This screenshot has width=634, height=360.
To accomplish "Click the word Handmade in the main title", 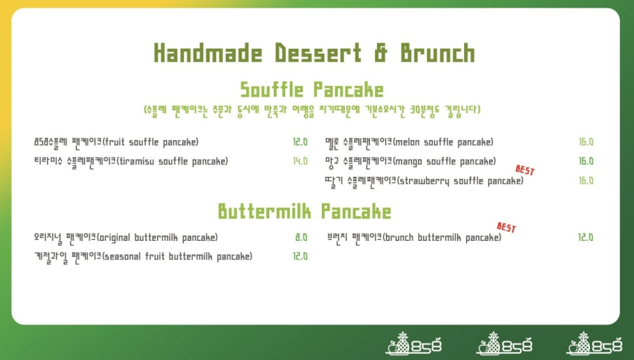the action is (208, 53).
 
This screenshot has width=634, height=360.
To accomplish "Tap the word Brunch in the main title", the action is (437, 53).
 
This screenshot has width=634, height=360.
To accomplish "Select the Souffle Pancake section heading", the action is (312, 89).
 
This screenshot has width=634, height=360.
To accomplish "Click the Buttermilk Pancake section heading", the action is (304, 211).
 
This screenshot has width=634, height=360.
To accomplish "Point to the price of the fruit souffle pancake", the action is (300, 142).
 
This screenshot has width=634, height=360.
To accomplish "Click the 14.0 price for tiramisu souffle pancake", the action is (300, 161).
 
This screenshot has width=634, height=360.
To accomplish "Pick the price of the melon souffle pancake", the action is (586, 142).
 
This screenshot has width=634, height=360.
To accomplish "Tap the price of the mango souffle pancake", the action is (586, 161).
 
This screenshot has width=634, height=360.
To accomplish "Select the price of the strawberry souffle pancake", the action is (586, 181).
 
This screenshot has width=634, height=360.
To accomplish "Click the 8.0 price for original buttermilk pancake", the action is (301, 237).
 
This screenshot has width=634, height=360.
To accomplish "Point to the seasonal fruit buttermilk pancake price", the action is (300, 256).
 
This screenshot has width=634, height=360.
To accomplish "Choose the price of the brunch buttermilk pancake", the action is (585, 237).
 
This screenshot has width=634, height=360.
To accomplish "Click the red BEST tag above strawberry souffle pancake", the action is (525, 170).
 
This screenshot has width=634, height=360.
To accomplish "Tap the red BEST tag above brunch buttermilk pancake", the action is (506, 227).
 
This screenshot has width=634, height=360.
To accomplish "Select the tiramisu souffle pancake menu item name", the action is (131, 162).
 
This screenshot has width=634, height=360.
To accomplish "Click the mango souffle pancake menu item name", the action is (410, 162).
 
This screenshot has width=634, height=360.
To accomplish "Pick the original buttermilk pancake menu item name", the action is (126, 238).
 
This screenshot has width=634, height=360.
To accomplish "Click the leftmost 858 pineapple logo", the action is (413, 344).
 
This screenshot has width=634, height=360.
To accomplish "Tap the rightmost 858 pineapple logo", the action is (594, 344).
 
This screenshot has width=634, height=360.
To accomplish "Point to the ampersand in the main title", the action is (381, 53).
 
